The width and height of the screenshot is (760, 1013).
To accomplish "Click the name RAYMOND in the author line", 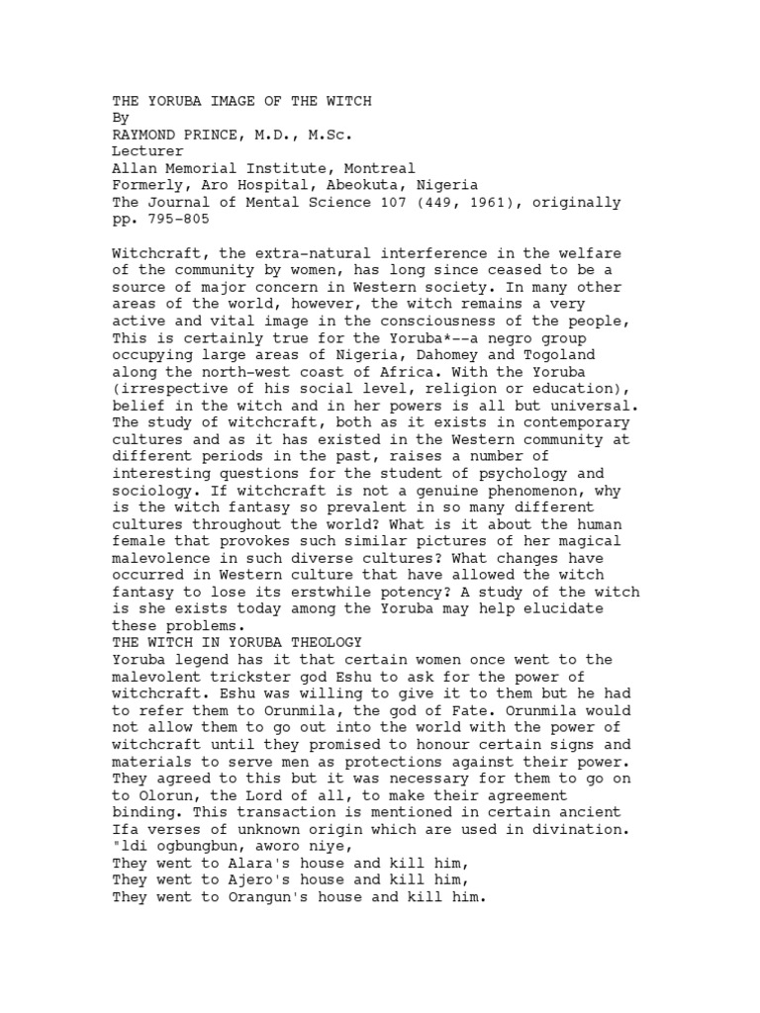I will click(x=144, y=135).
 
